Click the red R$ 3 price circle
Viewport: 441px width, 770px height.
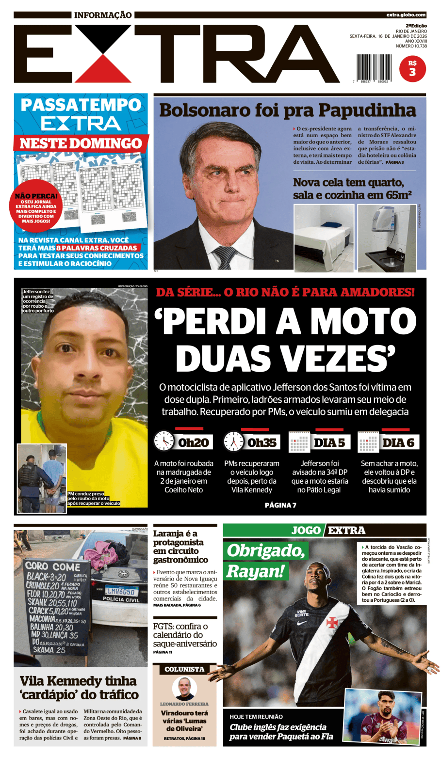(x=412, y=68)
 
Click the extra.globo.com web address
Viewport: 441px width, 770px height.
(x=406, y=15)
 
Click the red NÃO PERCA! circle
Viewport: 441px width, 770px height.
(x=36, y=206)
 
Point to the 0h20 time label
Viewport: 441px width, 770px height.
(x=193, y=442)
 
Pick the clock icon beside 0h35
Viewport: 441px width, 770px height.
(x=233, y=441)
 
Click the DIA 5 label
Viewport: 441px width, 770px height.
(x=329, y=442)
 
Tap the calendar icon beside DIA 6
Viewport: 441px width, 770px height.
(x=368, y=442)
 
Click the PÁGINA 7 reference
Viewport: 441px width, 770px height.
(x=280, y=505)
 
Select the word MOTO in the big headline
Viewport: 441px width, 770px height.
(x=363, y=321)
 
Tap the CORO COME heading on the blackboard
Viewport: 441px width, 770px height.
(x=53, y=566)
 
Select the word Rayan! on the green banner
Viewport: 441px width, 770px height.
(x=255, y=571)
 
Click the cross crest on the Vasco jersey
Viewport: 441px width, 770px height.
(x=331, y=622)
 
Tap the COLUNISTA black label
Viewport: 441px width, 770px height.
(x=184, y=669)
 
